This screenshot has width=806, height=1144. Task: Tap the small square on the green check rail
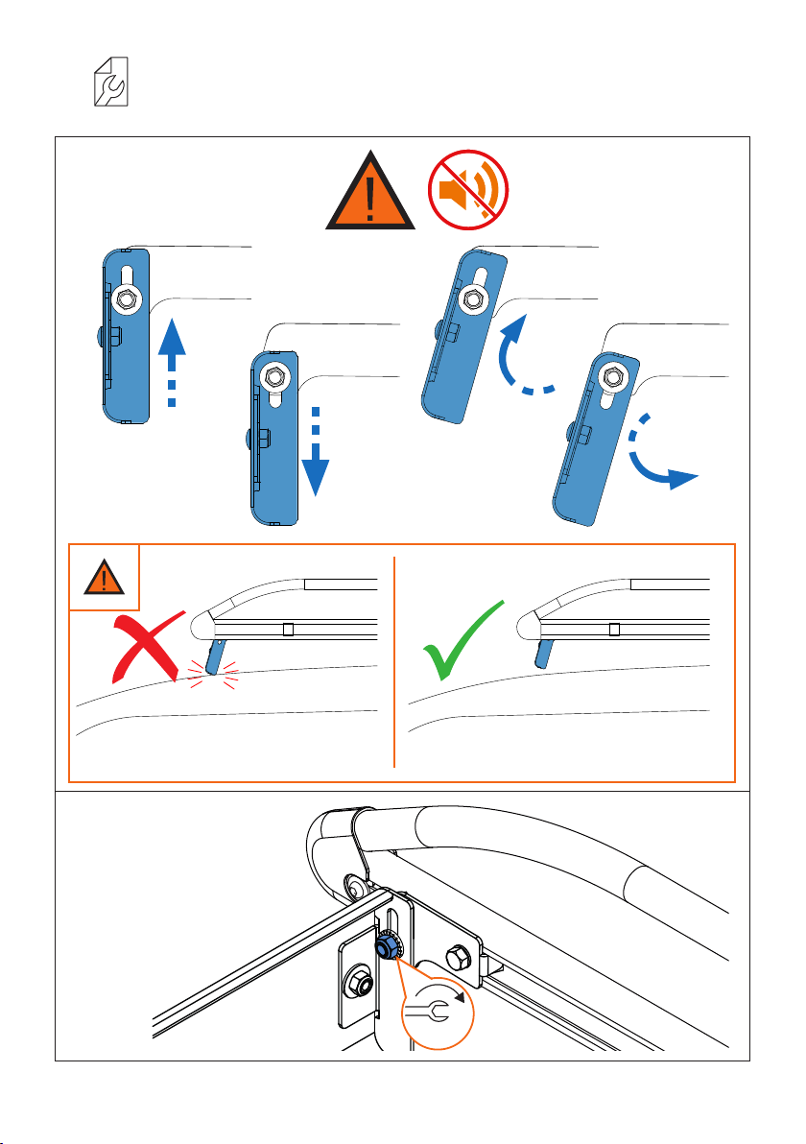[x=614, y=630]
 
